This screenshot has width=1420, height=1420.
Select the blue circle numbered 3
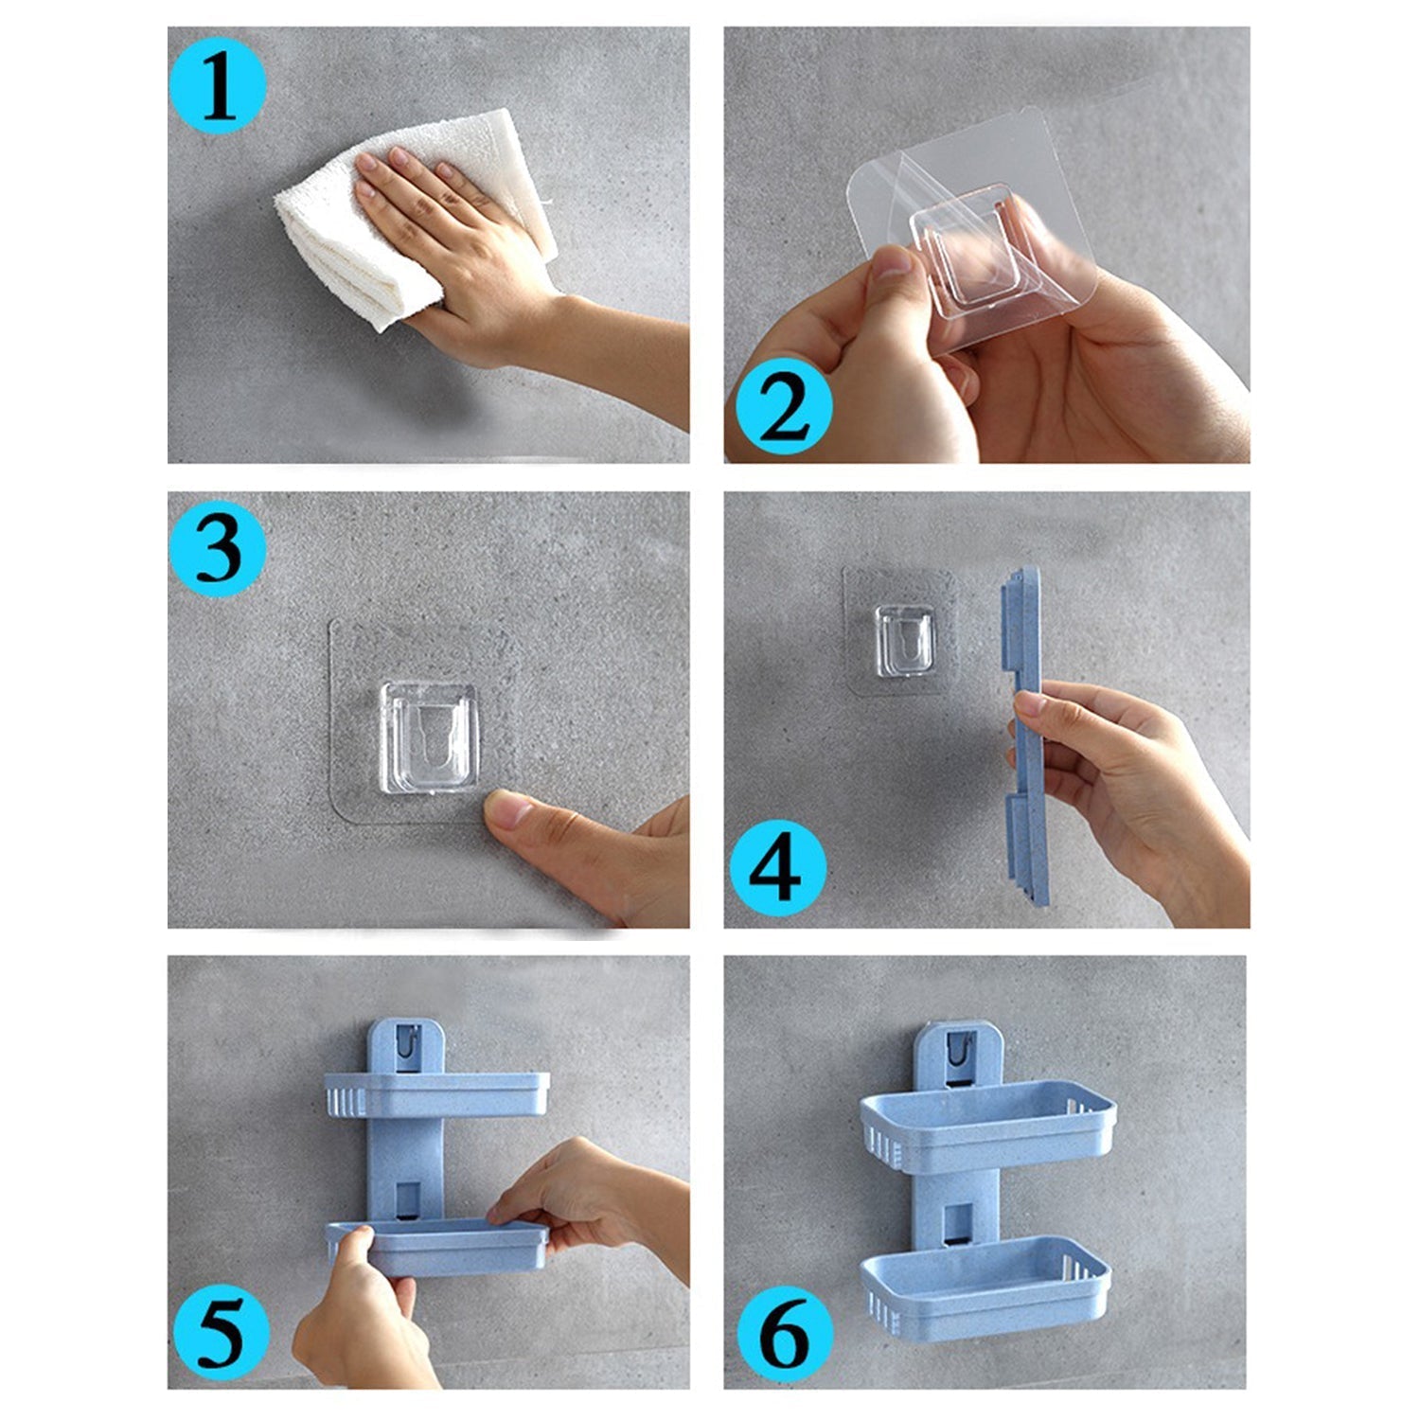(x=217, y=549)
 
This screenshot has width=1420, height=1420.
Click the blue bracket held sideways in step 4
(x=1027, y=738)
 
